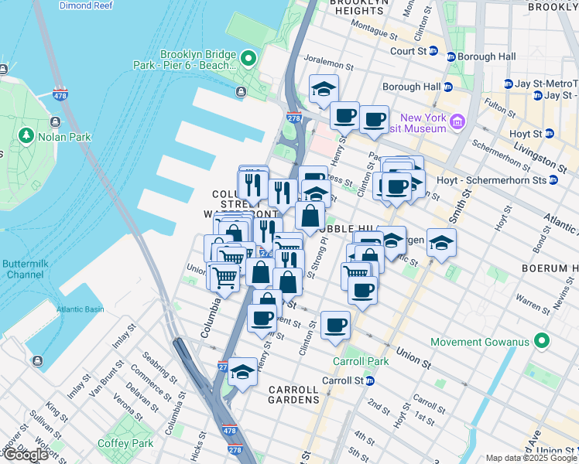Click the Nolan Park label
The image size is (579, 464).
coord(65,137)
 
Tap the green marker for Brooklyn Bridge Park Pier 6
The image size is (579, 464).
coord(248,59)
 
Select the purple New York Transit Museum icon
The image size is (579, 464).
coord(457,121)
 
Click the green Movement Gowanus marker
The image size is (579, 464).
coord(541,340)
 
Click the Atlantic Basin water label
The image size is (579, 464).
coord(79,310)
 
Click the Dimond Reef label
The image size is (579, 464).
coord(85,5)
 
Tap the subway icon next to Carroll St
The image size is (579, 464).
coord(370,380)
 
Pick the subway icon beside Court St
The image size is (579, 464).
coord(433,51)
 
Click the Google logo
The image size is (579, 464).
coord(26,455)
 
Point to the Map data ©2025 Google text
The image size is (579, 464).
coord(530,458)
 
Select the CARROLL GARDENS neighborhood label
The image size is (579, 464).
coord(293,394)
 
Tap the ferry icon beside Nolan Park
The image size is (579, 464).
coord(55,121)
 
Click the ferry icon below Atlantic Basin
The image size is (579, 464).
coord(36,360)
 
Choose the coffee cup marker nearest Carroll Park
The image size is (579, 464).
coord(335,325)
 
